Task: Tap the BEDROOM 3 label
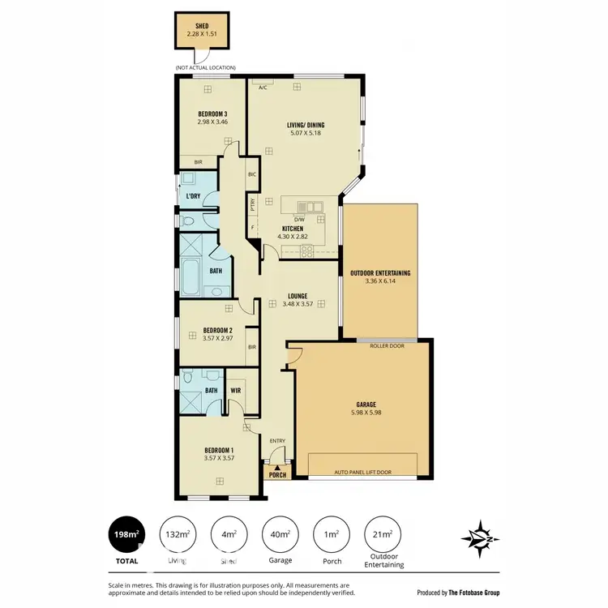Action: (212, 113)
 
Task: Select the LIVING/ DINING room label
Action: (304, 125)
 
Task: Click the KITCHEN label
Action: (292, 229)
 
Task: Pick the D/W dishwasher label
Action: (298, 220)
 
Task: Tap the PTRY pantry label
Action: (253, 204)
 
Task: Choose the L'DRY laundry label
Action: (193, 197)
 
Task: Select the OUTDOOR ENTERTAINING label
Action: (379, 273)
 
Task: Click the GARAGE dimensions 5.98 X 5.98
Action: (363, 413)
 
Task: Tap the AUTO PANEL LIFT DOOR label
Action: (362, 471)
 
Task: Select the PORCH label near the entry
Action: (277, 476)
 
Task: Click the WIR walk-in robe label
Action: (237, 390)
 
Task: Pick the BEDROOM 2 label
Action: (218, 330)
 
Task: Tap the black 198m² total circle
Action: (126, 534)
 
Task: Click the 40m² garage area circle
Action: (280, 534)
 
